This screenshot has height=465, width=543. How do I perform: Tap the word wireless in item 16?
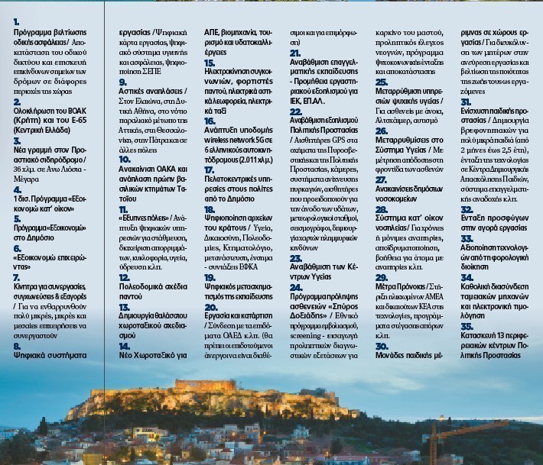tap(219, 140)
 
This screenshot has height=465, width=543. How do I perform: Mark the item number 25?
tap(381, 82)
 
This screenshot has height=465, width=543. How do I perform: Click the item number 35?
tap(467, 326)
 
